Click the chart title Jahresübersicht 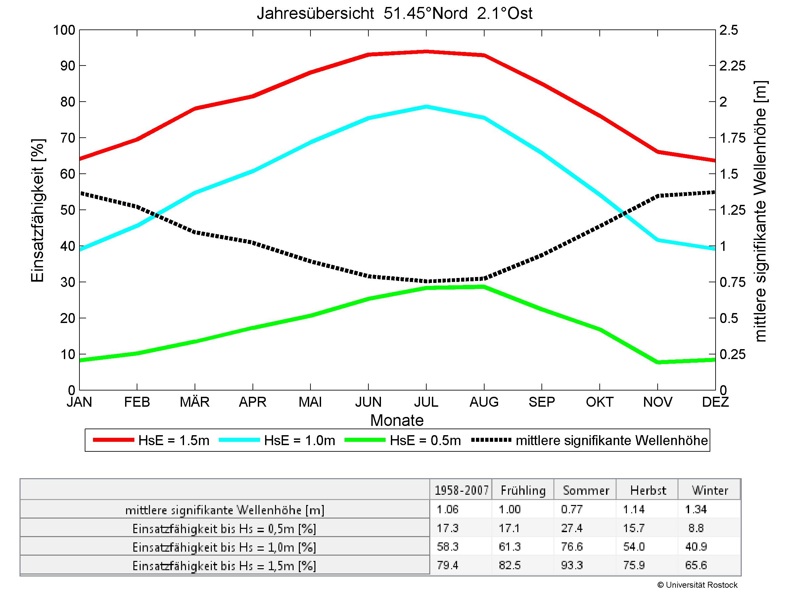click(394, 14)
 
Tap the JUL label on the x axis click(426, 402)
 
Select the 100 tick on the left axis click(64, 30)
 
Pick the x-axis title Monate click(397, 420)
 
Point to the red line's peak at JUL click(426, 52)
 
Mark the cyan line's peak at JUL click(426, 107)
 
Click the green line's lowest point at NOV click(658, 362)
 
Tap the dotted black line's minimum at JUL click(426, 281)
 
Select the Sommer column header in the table click(586, 490)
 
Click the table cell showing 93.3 click(572, 565)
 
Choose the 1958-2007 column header click(461, 490)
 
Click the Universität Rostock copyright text click(697, 585)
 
